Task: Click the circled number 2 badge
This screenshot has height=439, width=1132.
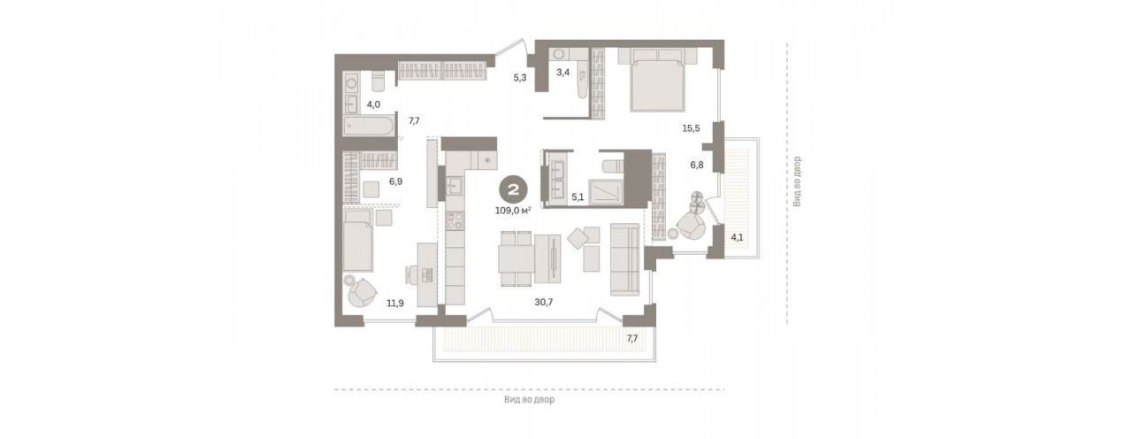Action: pyautogui.click(x=513, y=190)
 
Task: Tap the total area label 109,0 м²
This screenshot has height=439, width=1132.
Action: pyautogui.click(x=513, y=211)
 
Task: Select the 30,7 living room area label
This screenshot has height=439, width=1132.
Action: pyautogui.click(x=544, y=302)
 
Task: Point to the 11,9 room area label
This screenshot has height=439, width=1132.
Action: pyautogui.click(x=395, y=304)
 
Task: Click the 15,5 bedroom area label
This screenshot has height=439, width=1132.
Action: pyautogui.click(x=691, y=128)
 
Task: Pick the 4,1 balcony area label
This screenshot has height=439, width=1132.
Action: pyautogui.click(x=738, y=236)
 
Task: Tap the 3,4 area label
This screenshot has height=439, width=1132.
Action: pyautogui.click(x=563, y=73)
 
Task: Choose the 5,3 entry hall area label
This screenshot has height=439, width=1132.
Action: pyautogui.click(x=520, y=77)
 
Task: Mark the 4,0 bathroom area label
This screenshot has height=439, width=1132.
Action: pyautogui.click(x=373, y=104)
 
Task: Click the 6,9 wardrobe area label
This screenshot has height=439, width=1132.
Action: pyautogui.click(x=395, y=181)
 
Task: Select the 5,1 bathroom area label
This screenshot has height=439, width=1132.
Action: pyautogui.click(x=577, y=197)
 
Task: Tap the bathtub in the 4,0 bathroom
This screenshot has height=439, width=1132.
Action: pyautogui.click(x=369, y=127)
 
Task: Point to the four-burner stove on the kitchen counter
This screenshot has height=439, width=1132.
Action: pyautogui.click(x=455, y=221)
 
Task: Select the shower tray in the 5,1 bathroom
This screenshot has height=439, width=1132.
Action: pyautogui.click(x=606, y=192)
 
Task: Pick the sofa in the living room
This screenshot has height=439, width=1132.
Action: pyautogui.click(x=625, y=259)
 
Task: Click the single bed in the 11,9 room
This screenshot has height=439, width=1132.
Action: pyautogui.click(x=358, y=241)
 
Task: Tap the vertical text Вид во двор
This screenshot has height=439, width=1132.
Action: pyautogui.click(x=797, y=181)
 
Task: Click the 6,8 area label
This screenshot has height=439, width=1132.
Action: pyautogui.click(x=697, y=165)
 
